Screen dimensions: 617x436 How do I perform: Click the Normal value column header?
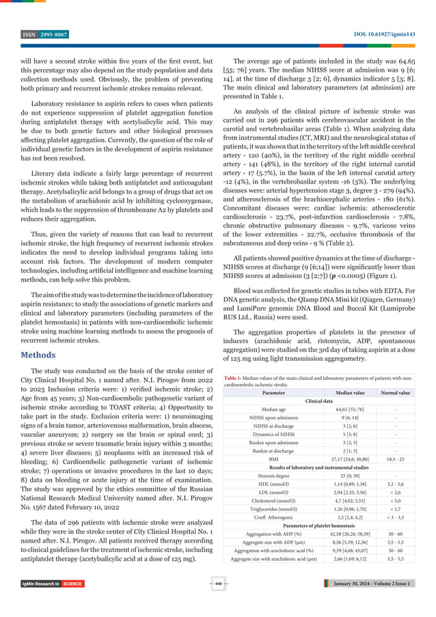[x=396, y=393]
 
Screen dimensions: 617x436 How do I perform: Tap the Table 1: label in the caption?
[x=236, y=376]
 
